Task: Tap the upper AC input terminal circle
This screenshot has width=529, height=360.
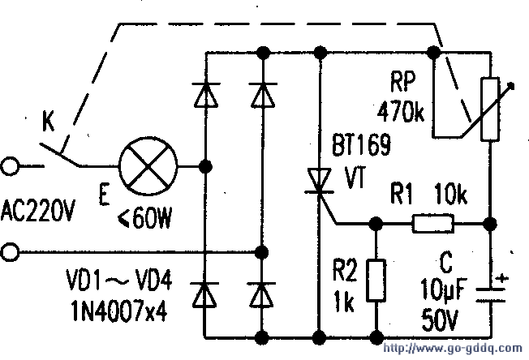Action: (x=10, y=166)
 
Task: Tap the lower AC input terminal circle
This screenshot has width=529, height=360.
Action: (x=10, y=252)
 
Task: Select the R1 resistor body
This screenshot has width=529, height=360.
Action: (x=432, y=224)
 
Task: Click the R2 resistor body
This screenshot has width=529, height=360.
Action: (x=376, y=280)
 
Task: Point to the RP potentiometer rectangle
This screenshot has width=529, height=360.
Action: (x=490, y=109)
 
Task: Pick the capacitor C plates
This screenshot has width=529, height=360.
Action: (x=491, y=294)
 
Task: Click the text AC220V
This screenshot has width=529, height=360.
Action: (x=38, y=210)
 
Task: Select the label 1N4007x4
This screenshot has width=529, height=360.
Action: (x=119, y=311)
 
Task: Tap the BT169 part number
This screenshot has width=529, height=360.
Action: (x=361, y=145)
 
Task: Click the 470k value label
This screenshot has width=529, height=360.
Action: (x=401, y=112)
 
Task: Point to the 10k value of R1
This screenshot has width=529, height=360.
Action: (x=451, y=194)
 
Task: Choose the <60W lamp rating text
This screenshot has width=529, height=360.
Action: (x=145, y=217)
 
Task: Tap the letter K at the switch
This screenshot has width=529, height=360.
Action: (x=48, y=121)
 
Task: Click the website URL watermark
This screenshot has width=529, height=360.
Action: (x=453, y=348)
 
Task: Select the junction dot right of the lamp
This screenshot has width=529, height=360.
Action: (x=205, y=166)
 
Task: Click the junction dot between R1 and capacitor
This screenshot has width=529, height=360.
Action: (x=490, y=224)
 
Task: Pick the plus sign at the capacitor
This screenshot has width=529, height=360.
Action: (x=502, y=279)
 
